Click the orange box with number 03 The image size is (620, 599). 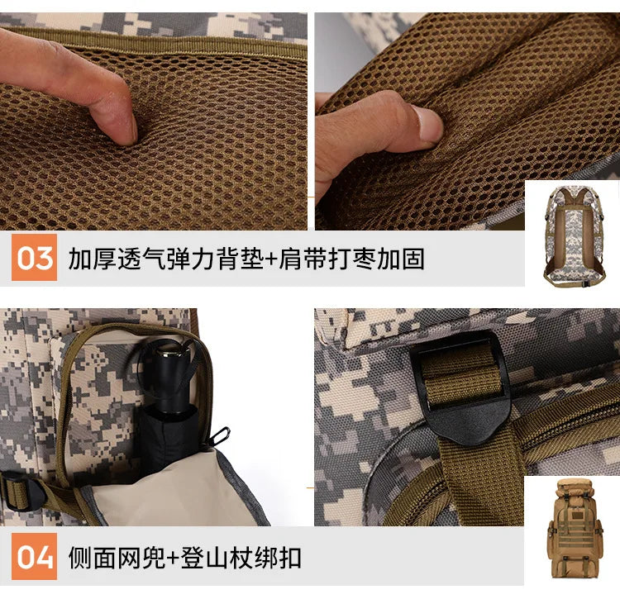[x=35, y=259]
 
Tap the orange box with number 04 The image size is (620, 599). [x=35, y=557]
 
